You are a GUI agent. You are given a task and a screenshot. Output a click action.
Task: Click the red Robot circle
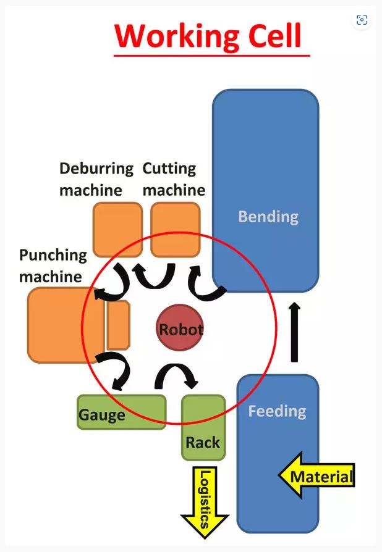(x=180, y=328)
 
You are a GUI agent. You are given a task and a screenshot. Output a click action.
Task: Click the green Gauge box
(x=121, y=412)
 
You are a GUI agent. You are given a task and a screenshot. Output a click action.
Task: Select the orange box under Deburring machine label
(x=117, y=228)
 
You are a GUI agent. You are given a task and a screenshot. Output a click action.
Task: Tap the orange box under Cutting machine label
(x=176, y=228)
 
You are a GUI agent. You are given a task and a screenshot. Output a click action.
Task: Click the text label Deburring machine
(x=96, y=179)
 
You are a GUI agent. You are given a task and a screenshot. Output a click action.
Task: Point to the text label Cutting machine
(x=174, y=179)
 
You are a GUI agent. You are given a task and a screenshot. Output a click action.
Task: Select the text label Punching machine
(x=53, y=266)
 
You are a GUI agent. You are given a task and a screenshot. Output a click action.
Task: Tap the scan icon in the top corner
(x=362, y=20)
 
